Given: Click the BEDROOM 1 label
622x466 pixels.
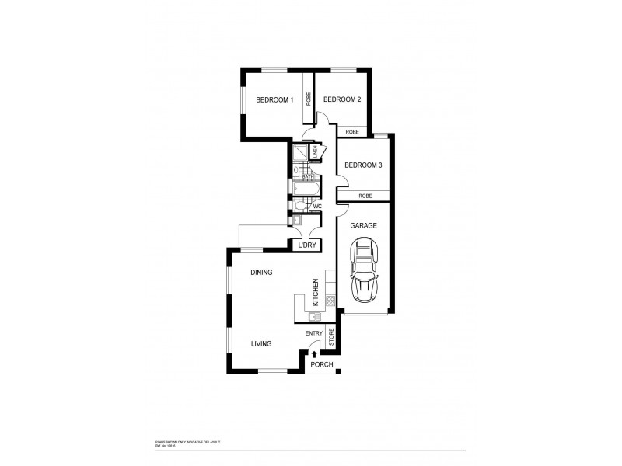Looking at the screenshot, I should coord(275,99).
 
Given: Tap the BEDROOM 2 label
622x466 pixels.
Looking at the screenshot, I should coord(341,99).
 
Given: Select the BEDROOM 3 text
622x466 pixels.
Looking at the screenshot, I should coord(363,165).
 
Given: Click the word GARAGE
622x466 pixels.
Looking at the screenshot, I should coord(363,225).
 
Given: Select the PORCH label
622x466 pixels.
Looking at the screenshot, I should coord(321,364).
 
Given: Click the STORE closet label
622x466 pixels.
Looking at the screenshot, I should coord(331,338).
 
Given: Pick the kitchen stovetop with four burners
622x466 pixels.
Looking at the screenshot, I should coord(330,300).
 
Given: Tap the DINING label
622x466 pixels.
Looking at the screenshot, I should coord(261,273).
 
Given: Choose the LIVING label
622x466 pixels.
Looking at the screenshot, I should coord(260,343).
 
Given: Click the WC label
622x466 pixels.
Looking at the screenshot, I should coord(317,207).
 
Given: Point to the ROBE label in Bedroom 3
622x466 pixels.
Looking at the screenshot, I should coord(365,196).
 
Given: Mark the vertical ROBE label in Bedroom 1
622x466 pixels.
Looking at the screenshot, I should coord(309,99).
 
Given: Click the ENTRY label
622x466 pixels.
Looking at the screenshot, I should coord(313,334).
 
